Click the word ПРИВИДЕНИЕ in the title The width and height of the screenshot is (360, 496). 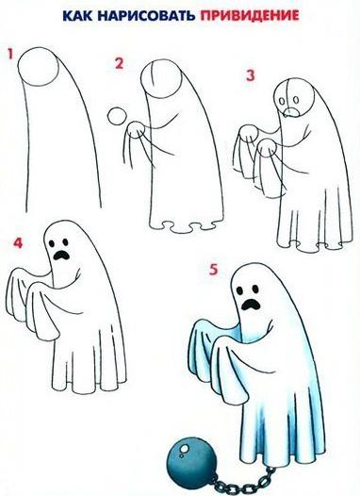(250, 15)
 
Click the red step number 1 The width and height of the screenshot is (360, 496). (10, 55)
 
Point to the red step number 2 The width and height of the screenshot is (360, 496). (119, 63)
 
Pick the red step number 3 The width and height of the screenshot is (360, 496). (250, 76)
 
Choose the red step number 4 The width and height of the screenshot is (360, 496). (18, 243)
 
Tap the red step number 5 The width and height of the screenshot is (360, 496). (214, 270)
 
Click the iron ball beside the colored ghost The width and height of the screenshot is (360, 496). (191, 457)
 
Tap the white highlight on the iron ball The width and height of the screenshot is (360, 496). (184, 450)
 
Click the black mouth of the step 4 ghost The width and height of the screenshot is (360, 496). (61, 255)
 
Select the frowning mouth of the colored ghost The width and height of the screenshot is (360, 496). (252, 304)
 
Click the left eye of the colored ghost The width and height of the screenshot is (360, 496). (240, 290)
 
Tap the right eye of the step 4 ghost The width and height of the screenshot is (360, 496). (65, 242)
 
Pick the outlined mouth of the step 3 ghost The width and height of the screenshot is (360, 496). (291, 112)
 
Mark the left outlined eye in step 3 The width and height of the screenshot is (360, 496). (281, 101)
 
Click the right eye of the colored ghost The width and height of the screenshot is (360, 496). (254, 289)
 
